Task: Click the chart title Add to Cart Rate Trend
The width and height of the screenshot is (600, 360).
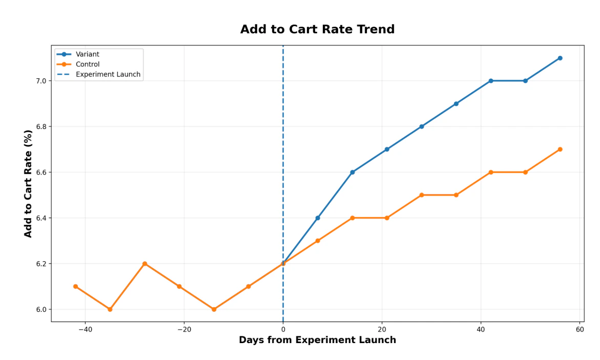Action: (x=317, y=30)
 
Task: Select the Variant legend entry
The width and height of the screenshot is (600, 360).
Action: (x=87, y=54)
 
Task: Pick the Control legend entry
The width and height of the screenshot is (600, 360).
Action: (x=87, y=65)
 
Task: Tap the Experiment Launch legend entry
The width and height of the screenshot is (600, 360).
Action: (x=108, y=74)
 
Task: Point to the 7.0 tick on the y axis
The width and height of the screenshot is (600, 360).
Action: (x=41, y=81)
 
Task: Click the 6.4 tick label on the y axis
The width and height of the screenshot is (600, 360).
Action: (x=41, y=218)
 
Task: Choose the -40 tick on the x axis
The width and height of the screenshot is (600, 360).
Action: (x=85, y=329)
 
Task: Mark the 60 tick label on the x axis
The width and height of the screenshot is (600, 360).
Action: (x=580, y=329)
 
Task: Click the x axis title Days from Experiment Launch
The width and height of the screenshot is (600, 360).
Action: (x=317, y=341)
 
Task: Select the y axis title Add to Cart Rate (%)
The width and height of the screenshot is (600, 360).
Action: (x=29, y=183)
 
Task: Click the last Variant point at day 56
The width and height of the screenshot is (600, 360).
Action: (x=560, y=58)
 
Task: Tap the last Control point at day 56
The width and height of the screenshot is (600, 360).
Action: (x=560, y=150)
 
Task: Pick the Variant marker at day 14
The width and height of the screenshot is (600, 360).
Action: (x=352, y=173)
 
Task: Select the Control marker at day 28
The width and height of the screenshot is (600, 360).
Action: (x=421, y=195)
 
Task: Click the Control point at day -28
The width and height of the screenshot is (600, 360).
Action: (x=144, y=264)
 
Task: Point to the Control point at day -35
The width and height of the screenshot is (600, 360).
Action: (x=110, y=309)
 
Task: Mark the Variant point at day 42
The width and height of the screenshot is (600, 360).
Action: (x=490, y=81)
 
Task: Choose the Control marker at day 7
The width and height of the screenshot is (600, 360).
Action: (x=318, y=241)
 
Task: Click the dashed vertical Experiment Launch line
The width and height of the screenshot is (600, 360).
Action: (x=283, y=154)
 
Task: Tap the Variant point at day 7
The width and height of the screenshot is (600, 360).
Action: (x=318, y=218)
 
